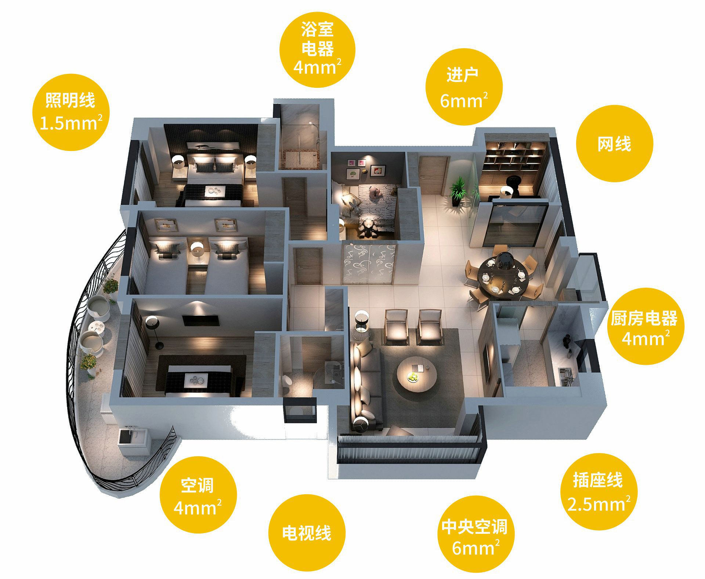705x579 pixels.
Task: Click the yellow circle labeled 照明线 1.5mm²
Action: coord(71,112)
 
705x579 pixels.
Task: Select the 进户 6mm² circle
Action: coord(464,87)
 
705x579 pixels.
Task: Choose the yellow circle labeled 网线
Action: coord(614,143)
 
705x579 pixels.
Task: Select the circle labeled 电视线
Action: coord(307,532)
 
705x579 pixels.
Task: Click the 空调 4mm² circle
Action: coord(198,495)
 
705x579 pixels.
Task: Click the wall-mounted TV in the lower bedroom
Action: coord(201,320)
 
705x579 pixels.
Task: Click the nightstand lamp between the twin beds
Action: coord(197,249)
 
